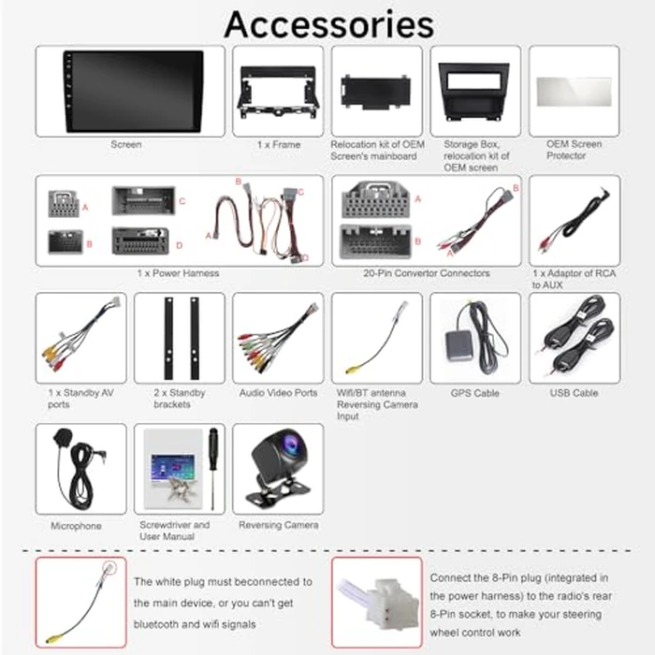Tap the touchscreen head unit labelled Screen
(x=133, y=91)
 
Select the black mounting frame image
(x=277, y=92)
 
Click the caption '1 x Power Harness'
(x=178, y=273)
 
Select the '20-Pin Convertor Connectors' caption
(x=426, y=273)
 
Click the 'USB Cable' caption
(x=573, y=394)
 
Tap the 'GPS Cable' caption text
(x=474, y=394)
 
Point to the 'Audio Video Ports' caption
(x=278, y=394)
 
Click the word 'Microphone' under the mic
(x=75, y=526)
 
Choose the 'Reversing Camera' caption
(x=278, y=526)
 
